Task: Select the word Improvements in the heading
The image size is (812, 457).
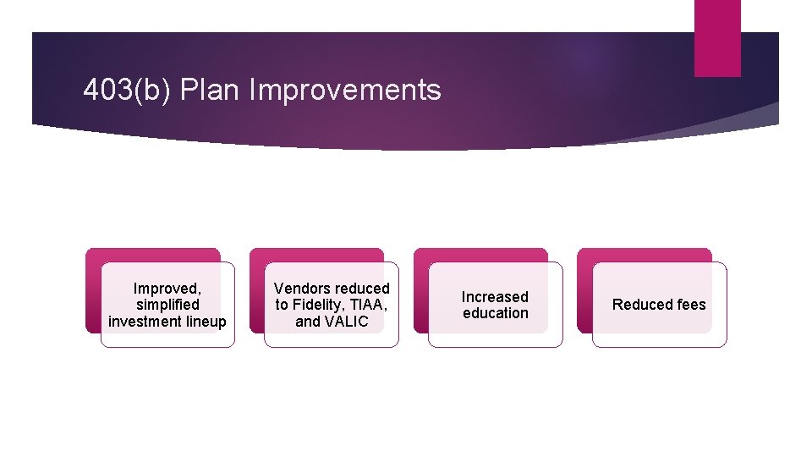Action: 345,90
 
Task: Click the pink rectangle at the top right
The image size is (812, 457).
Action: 717,37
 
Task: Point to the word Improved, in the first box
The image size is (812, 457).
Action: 167,289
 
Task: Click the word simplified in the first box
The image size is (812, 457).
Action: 167,305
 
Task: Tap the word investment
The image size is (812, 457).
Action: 145,321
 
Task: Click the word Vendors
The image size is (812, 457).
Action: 300,289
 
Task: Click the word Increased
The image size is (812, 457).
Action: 495,296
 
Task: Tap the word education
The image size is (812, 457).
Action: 495,313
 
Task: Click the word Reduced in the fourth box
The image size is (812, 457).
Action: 640,305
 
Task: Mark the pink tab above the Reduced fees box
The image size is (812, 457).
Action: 645,255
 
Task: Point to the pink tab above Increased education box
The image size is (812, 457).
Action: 480,255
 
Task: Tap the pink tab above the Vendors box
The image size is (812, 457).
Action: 316,255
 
